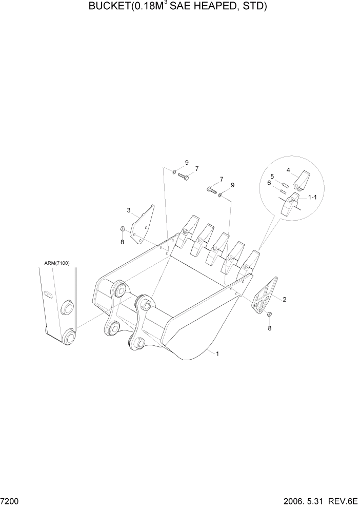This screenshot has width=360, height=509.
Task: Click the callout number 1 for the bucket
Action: click(x=218, y=354)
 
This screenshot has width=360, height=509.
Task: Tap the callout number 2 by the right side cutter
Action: click(x=285, y=299)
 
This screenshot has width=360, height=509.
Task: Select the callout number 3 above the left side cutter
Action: click(x=129, y=210)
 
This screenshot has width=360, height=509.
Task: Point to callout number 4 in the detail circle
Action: click(x=289, y=170)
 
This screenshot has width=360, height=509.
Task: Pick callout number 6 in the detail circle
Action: click(x=269, y=182)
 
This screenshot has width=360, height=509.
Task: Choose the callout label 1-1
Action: click(x=313, y=197)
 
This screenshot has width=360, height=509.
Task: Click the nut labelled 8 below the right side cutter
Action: click(x=270, y=314)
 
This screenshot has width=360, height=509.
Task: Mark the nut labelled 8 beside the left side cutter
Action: click(x=123, y=228)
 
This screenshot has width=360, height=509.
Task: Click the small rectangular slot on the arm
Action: click(x=49, y=294)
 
